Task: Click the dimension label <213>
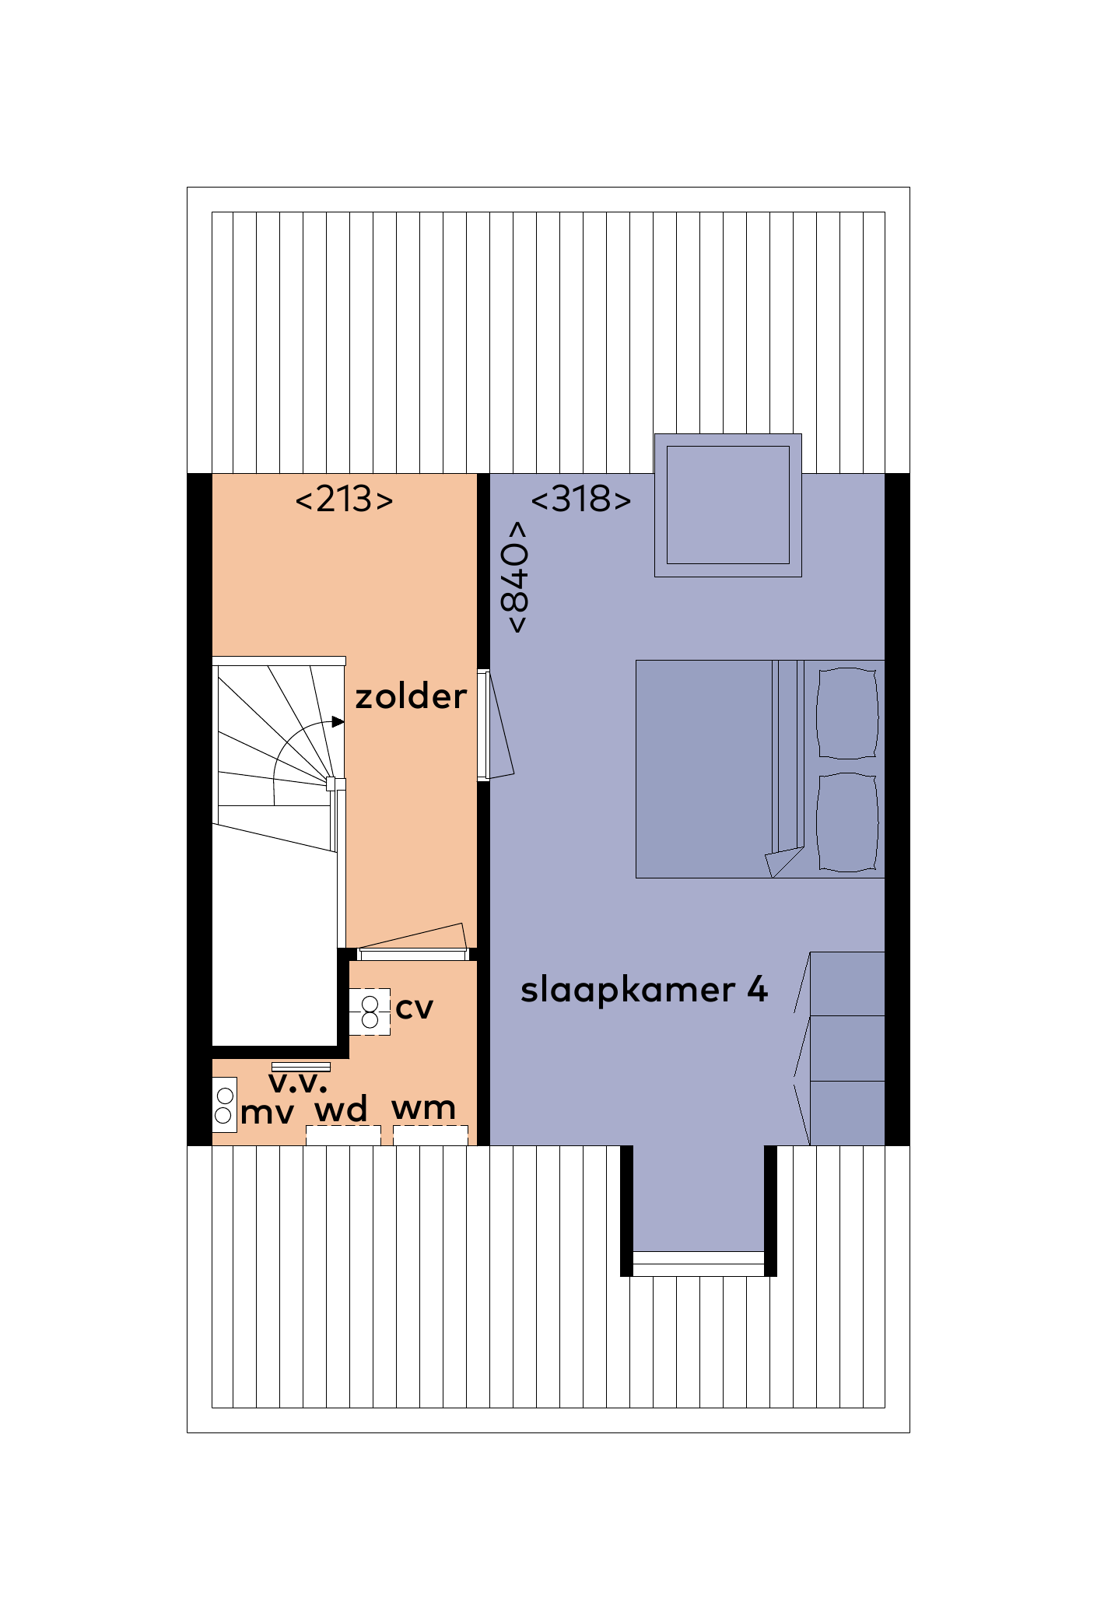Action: [344, 500]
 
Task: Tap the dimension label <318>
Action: [580, 500]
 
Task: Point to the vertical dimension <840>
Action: [516, 577]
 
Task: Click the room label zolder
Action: [411, 696]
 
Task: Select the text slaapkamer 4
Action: [643, 990]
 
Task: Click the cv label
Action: [414, 1008]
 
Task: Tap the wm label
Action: [423, 1107]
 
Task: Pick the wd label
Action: [341, 1109]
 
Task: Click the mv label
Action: [267, 1113]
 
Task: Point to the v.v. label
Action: [298, 1082]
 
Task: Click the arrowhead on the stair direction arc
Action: [338, 722]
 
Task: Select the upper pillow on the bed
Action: [847, 713]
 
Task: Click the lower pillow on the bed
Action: [847, 822]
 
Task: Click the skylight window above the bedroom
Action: [727, 505]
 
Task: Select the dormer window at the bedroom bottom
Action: [698, 1258]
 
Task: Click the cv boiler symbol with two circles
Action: [370, 1012]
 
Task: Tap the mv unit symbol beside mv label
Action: [224, 1105]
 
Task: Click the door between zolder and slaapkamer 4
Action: [484, 724]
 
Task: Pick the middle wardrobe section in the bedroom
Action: [846, 1047]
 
